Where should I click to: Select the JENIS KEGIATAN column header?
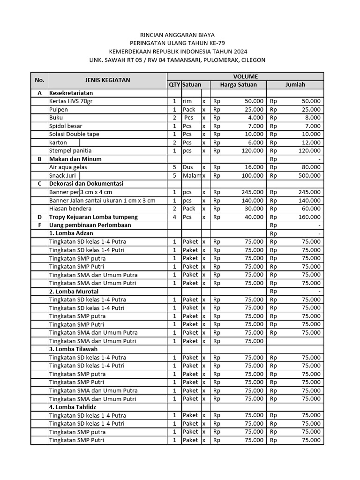[x=107, y=80]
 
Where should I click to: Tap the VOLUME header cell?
[x=246, y=76]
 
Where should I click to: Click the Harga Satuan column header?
[x=238, y=84]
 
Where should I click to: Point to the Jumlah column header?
[x=295, y=84]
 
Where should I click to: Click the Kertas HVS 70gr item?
[x=71, y=101]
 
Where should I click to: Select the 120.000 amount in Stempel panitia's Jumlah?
[x=309, y=151]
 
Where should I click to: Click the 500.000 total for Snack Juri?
[x=309, y=176]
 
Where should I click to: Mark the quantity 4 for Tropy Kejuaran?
[x=174, y=217]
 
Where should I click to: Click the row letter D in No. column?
[x=39, y=217]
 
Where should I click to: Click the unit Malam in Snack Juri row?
[x=191, y=176]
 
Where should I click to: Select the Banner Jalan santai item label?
[x=102, y=201]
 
